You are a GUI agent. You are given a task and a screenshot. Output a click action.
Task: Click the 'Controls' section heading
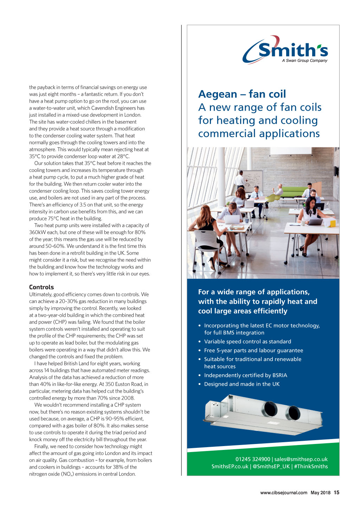[41, 287]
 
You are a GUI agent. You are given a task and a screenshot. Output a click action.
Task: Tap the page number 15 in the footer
[336, 492]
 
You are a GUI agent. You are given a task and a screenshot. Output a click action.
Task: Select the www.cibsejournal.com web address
[283, 493]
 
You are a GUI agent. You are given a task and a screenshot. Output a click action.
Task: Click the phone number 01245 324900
[253, 459]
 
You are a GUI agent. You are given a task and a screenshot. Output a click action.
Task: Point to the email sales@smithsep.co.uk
[301, 459]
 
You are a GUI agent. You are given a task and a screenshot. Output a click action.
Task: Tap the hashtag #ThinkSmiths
[311, 466]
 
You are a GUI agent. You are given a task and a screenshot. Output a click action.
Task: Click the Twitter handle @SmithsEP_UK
[271, 466]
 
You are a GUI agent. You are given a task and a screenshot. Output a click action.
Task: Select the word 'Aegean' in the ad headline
[218, 94]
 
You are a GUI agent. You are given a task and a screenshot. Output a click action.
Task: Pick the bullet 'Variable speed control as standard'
[247, 341]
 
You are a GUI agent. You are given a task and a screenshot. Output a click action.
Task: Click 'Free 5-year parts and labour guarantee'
[253, 350]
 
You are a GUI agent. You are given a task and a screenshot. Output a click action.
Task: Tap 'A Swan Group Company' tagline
[304, 61]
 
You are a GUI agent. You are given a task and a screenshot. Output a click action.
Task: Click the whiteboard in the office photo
[253, 179]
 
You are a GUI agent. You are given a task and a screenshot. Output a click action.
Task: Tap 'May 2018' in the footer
[320, 493]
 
